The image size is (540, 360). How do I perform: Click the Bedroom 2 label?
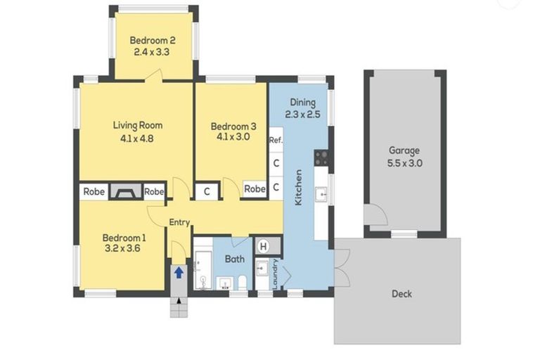coord(153,40)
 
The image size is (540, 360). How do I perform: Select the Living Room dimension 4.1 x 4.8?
coord(137,139)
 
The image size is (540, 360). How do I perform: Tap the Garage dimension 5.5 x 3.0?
coord(405,163)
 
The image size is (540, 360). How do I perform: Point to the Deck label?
coord(402,294)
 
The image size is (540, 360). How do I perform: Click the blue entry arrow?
coord(179,273)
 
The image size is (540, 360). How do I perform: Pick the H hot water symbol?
coord(264,246)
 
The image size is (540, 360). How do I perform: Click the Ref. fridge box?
coord(276,140)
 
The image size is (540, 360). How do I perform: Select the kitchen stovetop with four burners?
coord(321,157)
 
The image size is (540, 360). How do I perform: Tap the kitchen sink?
coord(321,195)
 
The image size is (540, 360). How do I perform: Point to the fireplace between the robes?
coord(126,191)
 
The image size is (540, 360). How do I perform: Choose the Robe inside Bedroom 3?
coord(255,188)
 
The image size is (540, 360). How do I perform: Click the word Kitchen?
coord(298,188)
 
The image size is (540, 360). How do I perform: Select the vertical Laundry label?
coord(275,274)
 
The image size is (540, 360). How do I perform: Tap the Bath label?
coord(235,259)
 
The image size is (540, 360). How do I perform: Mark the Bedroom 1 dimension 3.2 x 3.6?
coord(122,248)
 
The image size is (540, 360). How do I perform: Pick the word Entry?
coord(179,223)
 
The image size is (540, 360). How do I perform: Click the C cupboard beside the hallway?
coord(207,191)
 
